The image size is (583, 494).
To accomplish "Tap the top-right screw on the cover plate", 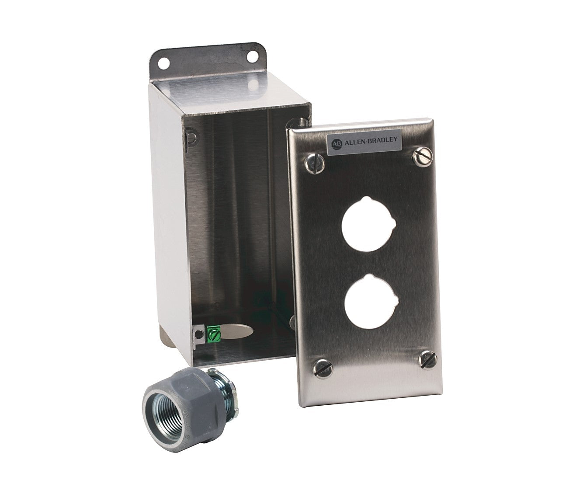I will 422,156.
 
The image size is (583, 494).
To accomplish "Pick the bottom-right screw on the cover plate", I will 427,358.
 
